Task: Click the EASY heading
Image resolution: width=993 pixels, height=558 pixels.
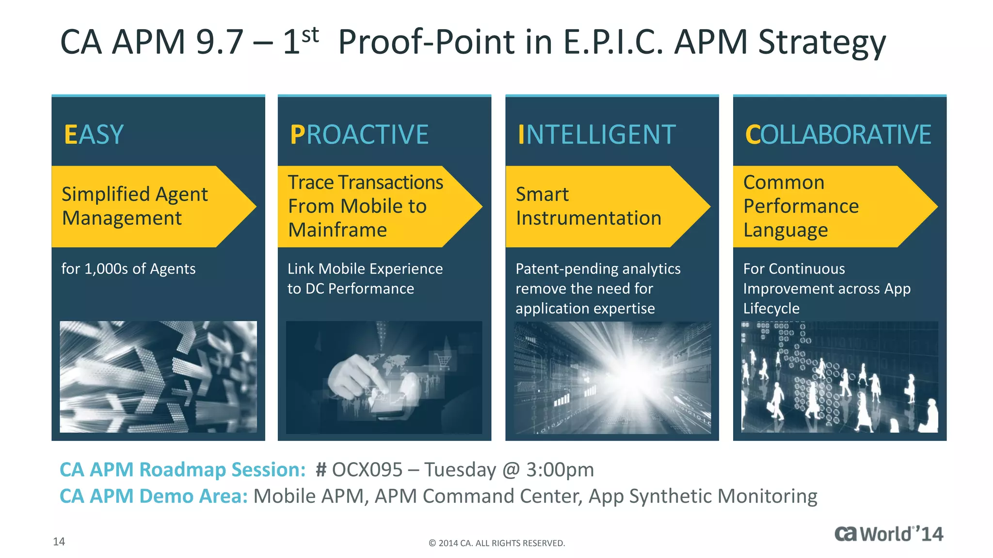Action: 94,135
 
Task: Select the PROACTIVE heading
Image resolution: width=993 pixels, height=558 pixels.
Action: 359,135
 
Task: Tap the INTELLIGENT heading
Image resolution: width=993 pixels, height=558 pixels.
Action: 596,135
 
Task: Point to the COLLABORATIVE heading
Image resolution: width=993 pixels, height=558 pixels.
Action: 838,135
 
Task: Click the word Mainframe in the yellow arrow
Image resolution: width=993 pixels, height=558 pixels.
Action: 337,230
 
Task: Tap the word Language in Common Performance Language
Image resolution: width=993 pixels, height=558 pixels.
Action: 785,230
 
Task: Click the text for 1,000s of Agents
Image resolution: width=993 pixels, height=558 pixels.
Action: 128,269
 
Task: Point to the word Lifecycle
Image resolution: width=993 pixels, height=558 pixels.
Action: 771,309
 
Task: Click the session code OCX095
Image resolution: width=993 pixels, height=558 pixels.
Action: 367,470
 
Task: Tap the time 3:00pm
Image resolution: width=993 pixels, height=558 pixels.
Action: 560,470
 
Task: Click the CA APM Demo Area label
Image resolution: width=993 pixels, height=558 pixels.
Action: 153,496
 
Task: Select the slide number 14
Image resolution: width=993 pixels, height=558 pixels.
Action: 59,542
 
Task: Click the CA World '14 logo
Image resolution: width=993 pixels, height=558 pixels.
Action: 888,534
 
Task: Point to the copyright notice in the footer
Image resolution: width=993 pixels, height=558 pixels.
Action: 496,543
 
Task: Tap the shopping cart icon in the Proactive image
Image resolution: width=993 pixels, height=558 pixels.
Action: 443,361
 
